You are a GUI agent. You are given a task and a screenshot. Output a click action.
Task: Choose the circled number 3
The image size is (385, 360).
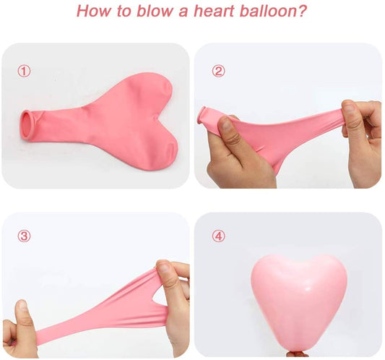coord(25,236)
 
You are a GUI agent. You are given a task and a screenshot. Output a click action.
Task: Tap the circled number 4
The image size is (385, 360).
coord(218,236)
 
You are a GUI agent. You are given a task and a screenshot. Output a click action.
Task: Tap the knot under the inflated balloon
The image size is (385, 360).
coord(297,353)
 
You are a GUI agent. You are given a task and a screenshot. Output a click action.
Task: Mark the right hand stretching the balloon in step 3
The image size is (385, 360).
coord(173,304)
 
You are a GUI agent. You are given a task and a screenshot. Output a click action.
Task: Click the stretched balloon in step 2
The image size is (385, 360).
coord(289,134)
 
